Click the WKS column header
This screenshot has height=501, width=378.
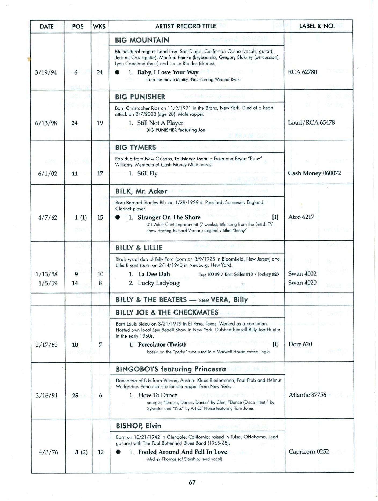pos(99,27)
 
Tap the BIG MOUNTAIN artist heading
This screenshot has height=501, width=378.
pos(142,40)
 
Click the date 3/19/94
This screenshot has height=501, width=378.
pos(46,72)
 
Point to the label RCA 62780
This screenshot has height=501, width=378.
pos(302,72)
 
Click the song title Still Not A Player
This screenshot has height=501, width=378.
pos(160,123)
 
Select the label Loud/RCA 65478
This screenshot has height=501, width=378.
pos(311,123)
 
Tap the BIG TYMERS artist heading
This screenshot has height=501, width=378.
pos(136,148)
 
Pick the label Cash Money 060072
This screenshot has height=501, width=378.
pos(314,173)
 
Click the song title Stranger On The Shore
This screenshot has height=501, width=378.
pos(169,217)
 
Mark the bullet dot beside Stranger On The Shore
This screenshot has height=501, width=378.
pos(118,218)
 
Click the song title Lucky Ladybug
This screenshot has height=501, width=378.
pos(159,283)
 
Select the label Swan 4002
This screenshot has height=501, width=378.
pos(302,274)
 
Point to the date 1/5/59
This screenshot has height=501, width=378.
pos(48,283)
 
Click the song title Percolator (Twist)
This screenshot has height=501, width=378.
pos(162,345)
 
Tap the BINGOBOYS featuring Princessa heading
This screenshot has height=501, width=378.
pos(171,369)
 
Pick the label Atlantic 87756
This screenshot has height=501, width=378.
pos(307,395)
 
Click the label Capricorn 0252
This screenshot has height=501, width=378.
pos(309,452)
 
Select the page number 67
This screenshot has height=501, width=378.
pos(192,482)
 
